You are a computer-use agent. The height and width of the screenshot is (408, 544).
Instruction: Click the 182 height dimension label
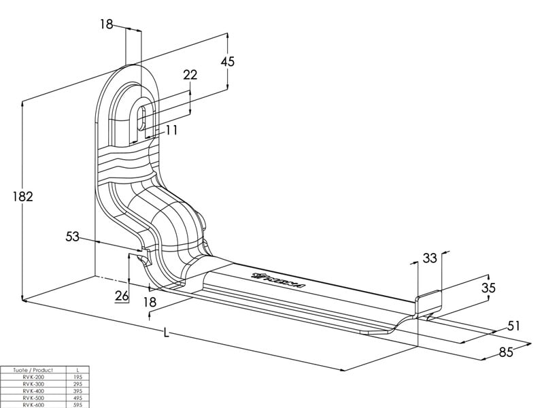click(x=23, y=197)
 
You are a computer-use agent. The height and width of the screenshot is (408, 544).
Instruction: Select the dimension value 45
click(x=228, y=61)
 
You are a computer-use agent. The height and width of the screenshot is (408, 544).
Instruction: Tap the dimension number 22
click(x=190, y=75)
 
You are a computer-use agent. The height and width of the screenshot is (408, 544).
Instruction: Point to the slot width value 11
click(x=171, y=129)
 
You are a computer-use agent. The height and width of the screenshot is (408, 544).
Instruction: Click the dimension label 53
click(x=73, y=237)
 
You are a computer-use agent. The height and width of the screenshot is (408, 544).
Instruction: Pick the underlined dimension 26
click(x=122, y=296)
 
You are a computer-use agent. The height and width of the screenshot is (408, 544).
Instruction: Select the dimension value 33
click(x=430, y=258)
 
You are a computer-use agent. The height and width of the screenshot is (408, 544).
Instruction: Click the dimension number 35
click(x=488, y=287)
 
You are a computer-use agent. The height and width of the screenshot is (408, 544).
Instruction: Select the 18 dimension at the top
click(x=106, y=24)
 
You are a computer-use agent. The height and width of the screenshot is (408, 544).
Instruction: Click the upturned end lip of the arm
click(x=428, y=299)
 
